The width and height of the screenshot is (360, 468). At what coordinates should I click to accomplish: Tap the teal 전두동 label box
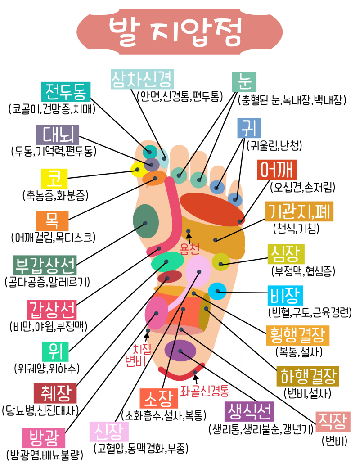click(x=66, y=92)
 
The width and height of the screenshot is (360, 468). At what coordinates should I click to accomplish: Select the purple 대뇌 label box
click(x=58, y=135)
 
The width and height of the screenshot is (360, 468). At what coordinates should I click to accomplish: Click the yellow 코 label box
click(x=54, y=179)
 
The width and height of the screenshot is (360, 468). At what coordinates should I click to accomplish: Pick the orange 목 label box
click(x=52, y=221)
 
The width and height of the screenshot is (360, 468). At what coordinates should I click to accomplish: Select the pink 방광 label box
click(x=44, y=437)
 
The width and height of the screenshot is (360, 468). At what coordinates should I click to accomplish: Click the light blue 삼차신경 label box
click(x=142, y=80)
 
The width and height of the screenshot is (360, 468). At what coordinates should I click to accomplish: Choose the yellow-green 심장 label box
click(x=286, y=254)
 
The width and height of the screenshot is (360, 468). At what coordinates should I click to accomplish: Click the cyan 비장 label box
click(x=285, y=296)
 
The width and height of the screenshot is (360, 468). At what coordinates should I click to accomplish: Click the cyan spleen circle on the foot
click(x=217, y=292)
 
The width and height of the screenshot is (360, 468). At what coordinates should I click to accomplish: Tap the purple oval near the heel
click(x=180, y=350)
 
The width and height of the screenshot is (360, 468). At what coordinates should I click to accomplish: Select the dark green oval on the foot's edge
click(x=146, y=221)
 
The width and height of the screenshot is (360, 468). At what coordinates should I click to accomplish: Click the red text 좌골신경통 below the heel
click(x=205, y=390)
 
